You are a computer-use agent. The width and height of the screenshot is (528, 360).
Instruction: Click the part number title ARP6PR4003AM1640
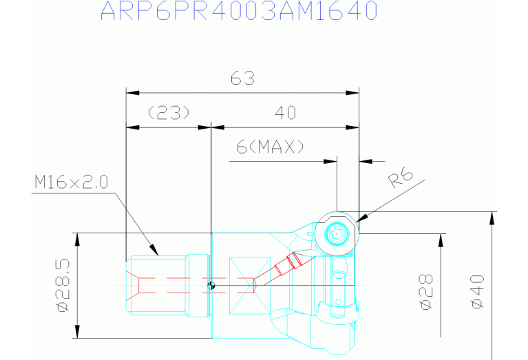click(x=239, y=11)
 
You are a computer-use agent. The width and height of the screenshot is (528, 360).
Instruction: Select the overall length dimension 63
click(x=242, y=78)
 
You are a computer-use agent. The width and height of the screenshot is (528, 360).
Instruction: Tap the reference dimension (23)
click(x=169, y=112)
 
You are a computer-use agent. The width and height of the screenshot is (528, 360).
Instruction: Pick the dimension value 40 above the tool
click(x=286, y=112)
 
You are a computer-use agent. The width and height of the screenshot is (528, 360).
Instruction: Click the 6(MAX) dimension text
click(x=270, y=147)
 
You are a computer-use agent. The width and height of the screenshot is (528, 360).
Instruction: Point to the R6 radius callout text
click(x=401, y=178)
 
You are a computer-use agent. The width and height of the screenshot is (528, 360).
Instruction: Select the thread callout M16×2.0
click(x=72, y=182)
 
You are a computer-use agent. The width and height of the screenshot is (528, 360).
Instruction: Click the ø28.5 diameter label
click(x=63, y=286)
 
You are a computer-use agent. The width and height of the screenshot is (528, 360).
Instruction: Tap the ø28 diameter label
click(x=426, y=292)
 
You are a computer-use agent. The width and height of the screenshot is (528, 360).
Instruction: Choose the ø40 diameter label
click(x=478, y=292)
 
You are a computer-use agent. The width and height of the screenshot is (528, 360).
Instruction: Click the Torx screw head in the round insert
click(x=337, y=233)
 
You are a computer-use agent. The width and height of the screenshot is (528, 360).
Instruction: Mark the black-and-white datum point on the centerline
click(x=211, y=286)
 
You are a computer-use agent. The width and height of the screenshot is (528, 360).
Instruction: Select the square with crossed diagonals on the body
click(x=250, y=286)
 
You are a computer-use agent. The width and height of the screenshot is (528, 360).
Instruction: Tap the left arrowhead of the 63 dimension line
click(x=132, y=93)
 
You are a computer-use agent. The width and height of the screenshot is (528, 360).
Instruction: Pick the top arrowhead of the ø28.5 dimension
click(x=78, y=240)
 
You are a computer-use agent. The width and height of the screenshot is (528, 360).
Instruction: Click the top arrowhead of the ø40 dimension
click(x=492, y=218)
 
